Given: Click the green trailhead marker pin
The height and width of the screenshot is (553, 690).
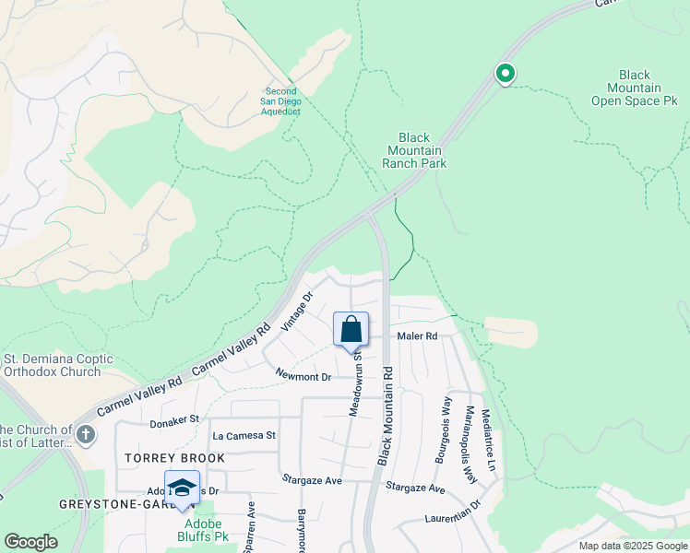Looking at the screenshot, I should (505, 73).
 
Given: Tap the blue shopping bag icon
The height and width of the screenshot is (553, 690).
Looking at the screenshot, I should (351, 329).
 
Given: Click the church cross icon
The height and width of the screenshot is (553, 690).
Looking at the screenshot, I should (86, 433).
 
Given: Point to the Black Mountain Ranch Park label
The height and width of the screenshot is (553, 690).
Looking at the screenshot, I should (414, 150).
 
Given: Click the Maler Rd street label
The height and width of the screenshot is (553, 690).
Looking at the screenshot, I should (417, 336).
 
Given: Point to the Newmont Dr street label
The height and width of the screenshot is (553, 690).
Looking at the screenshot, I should (303, 376).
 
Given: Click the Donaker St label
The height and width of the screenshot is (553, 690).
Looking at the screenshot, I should (174, 419).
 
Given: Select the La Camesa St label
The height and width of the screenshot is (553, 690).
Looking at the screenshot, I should (244, 435).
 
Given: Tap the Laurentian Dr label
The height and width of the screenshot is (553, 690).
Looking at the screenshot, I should (454, 512).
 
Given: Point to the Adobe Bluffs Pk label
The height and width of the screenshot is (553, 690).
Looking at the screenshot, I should (202, 529).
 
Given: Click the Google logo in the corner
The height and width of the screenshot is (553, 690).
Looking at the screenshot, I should (30, 542).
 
